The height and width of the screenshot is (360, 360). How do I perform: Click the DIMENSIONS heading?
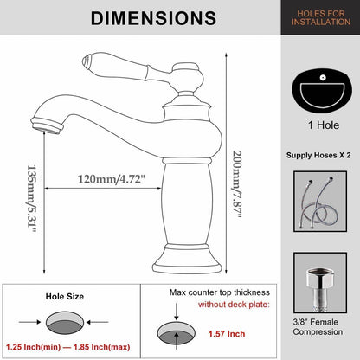153,18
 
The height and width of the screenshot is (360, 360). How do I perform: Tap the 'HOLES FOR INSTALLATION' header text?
321,17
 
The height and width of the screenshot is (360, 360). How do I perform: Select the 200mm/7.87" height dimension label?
237,184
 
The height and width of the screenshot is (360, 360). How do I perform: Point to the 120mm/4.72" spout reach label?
111,179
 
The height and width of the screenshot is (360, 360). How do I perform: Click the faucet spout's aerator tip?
47,125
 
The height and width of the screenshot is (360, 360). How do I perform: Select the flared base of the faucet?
187,259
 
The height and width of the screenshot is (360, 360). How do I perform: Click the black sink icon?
322,90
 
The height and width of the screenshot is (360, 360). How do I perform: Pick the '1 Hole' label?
324,125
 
